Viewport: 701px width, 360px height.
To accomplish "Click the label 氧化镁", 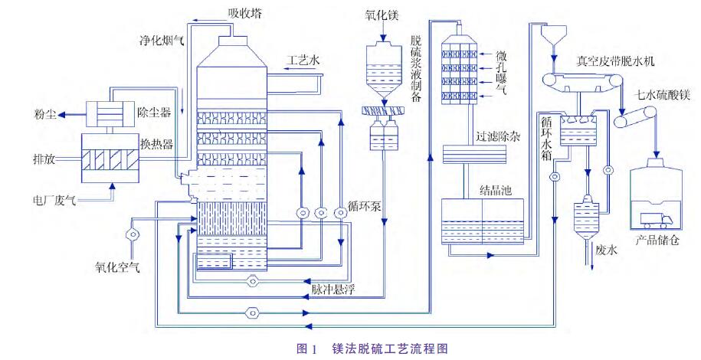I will click(381, 15).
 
